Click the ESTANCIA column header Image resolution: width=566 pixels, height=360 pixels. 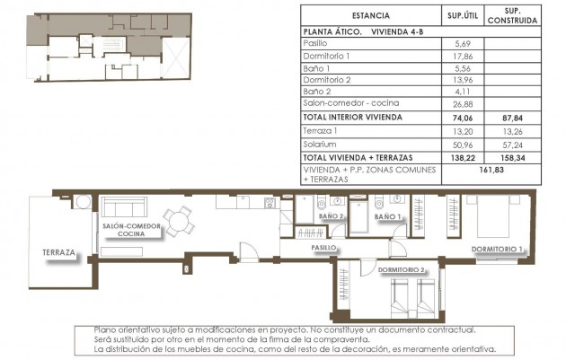tap(370, 15)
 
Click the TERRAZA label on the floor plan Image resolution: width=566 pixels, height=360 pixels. tap(57, 253)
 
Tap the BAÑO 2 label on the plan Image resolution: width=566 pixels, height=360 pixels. tap(330, 217)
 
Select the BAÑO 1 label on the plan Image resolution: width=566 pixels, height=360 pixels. tap(386, 217)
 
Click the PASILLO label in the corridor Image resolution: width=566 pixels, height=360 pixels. tap(323, 247)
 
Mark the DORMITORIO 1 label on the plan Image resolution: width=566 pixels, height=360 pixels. tap(498, 248)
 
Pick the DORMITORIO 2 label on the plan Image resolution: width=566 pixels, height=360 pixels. tap(401, 268)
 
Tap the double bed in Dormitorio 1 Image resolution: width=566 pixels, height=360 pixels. tap(497, 218)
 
